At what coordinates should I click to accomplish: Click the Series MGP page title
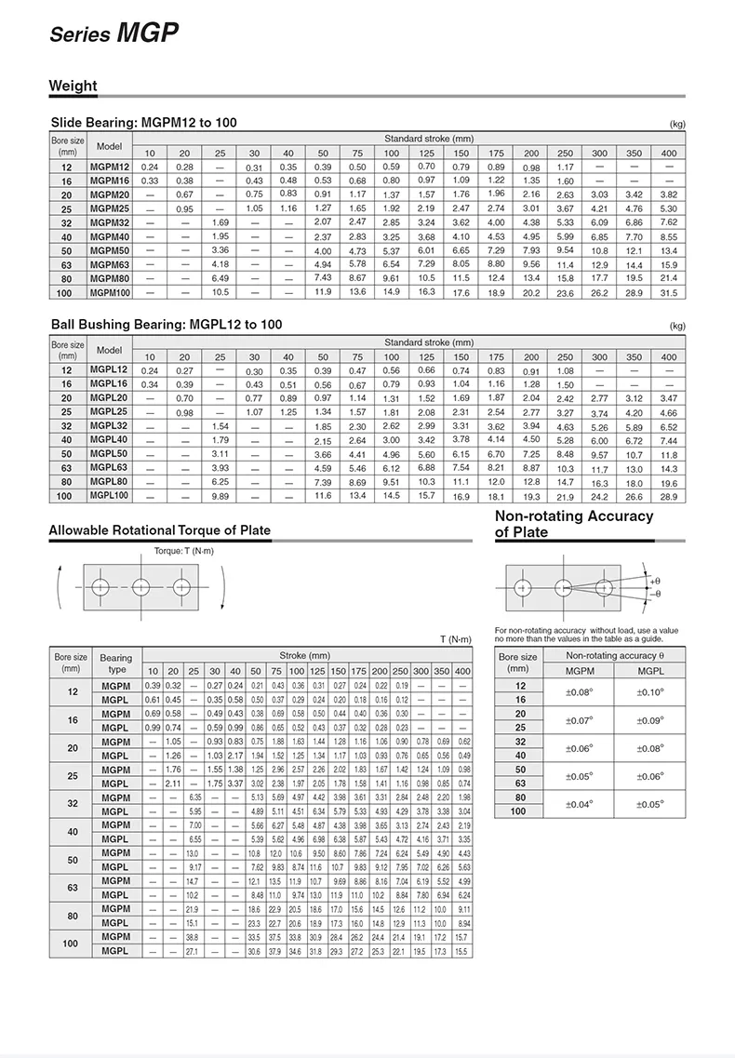[x=114, y=34]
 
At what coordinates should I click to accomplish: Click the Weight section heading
[x=73, y=86]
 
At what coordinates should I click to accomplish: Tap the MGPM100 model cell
[x=110, y=293]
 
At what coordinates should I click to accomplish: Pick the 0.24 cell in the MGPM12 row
[x=150, y=167]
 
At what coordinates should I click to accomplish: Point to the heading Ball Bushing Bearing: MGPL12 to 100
[x=166, y=324]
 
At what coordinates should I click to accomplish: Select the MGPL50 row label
[x=108, y=453]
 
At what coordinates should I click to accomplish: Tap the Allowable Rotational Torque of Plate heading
[x=159, y=530]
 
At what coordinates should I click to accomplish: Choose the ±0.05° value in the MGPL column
[x=648, y=805]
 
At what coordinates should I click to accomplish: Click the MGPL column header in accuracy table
[x=648, y=672]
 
